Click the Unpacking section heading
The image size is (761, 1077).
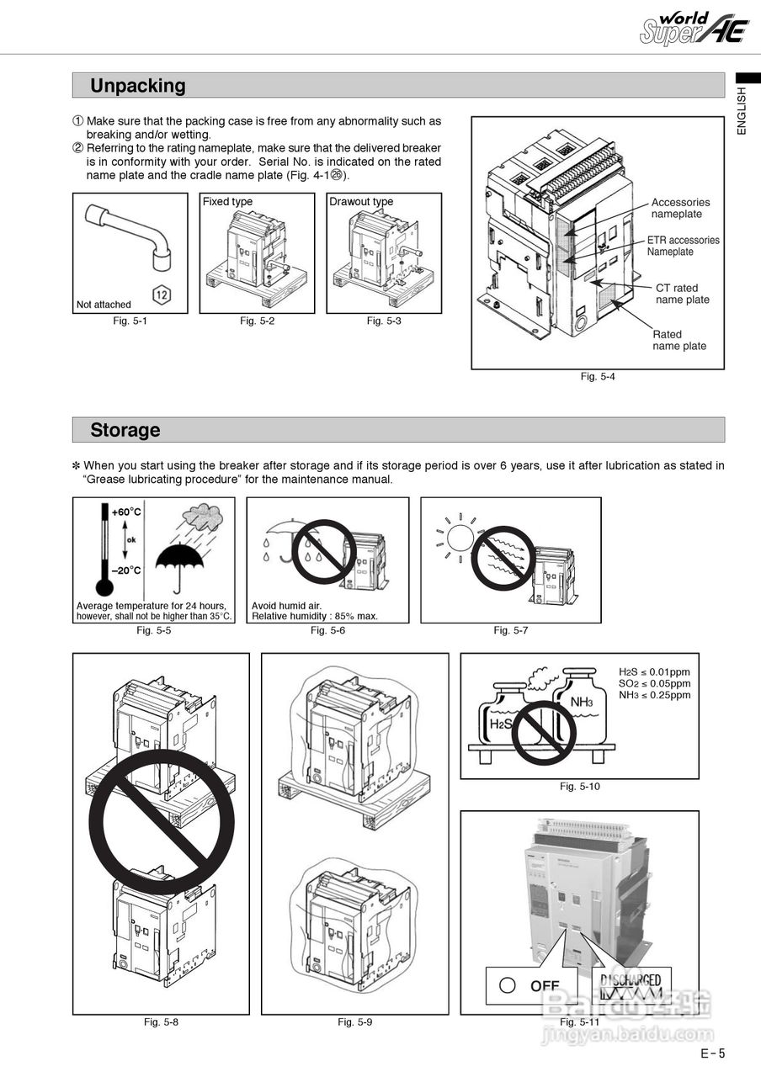pos(138,86)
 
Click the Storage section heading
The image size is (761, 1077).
pos(125,430)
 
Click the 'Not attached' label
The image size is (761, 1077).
pos(104,305)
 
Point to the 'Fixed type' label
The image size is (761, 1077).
pos(227,202)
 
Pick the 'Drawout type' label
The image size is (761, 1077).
pos(361,202)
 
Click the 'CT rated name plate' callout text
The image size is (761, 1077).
pos(682,294)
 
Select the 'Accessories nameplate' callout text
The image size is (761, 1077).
pos(680,208)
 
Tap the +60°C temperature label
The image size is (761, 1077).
pos(126,512)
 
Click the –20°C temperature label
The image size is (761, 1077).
pos(126,570)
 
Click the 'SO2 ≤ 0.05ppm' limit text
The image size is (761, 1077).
pos(654,683)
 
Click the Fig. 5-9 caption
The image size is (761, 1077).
pos(354,1022)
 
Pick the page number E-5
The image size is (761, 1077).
pos(711,1053)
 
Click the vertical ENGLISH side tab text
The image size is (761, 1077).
pos(742,110)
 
